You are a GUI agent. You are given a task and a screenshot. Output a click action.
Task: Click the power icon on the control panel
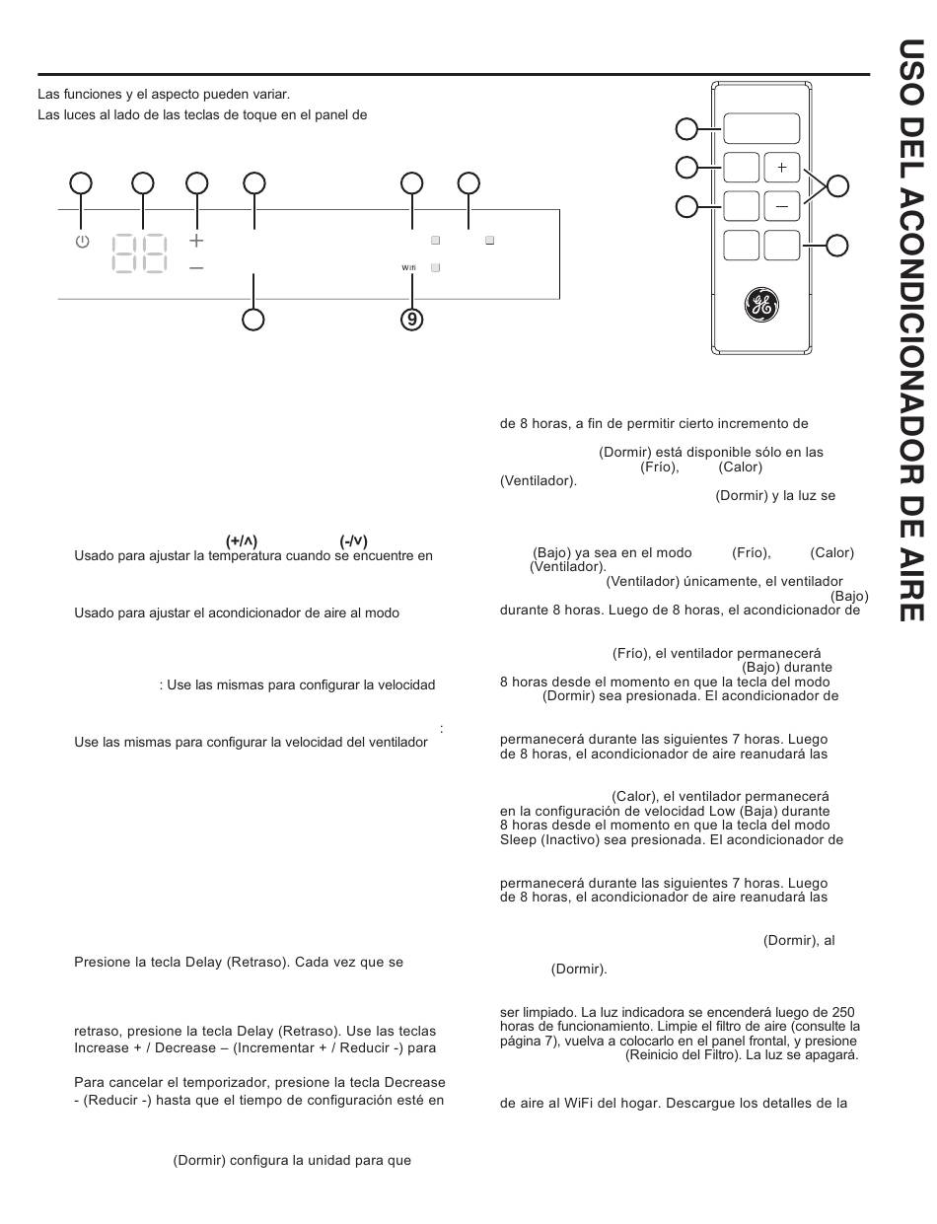point(82,242)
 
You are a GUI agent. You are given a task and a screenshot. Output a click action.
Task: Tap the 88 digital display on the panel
point(140,252)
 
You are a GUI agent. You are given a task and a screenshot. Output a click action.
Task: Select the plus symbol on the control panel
point(196,241)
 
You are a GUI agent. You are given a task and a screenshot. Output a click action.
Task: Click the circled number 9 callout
point(411,320)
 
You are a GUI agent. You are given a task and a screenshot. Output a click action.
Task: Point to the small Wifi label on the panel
point(408,267)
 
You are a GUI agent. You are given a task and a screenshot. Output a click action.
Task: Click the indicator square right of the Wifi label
point(435,267)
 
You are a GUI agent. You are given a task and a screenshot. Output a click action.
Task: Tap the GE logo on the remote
point(761,305)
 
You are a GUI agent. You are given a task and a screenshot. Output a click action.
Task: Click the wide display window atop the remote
point(761,128)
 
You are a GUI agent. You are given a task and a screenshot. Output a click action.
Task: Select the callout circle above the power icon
point(81,183)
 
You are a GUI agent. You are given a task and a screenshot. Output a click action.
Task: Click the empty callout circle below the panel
point(253,320)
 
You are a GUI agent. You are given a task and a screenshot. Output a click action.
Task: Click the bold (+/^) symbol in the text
point(242,541)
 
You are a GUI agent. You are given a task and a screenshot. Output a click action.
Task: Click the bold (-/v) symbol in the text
point(354,541)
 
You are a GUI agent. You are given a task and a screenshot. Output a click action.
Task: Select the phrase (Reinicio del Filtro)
point(684,1054)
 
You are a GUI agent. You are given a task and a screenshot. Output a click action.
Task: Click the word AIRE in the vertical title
point(911,592)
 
